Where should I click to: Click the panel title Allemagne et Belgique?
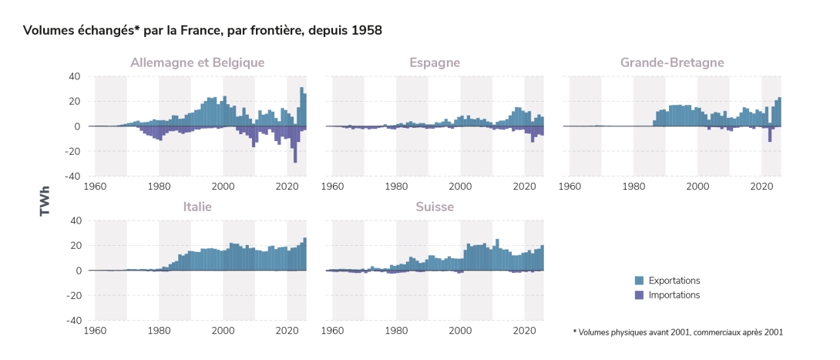click(x=197, y=62)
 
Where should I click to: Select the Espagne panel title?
click(x=435, y=62)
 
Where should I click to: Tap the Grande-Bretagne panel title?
click(x=672, y=62)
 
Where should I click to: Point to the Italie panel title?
click(x=197, y=207)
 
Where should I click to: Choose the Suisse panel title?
click(x=435, y=207)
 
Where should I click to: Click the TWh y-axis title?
click(x=45, y=199)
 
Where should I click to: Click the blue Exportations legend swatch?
click(x=639, y=281)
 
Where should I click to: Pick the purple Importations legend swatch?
click(x=639, y=295)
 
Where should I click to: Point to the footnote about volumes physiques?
click(x=677, y=332)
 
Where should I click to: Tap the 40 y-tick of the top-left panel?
click(x=75, y=76)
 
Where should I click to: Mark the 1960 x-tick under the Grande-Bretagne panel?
click(x=570, y=186)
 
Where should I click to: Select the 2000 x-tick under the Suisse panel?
click(x=460, y=330)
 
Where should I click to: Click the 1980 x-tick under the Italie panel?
click(x=159, y=330)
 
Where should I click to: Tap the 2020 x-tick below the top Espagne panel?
click(x=524, y=186)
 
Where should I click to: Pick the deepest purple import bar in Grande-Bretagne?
click(x=770, y=134)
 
